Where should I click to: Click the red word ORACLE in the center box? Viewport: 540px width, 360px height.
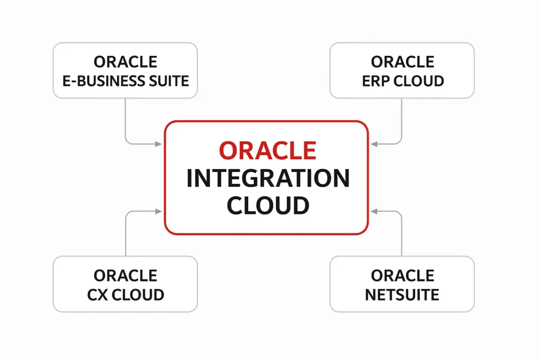tap(267, 150)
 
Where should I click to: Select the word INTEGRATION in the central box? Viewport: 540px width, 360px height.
tap(268, 178)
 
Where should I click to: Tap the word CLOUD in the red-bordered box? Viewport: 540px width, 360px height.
tap(268, 205)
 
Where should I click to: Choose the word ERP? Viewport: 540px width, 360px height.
tap(375, 81)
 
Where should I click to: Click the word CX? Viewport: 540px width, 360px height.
tap(97, 295)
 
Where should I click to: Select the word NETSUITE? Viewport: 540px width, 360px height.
tap(402, 295)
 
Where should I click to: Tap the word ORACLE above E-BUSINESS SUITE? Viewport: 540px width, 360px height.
tap(126, 62)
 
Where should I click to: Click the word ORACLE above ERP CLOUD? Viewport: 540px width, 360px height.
tap(402, 62)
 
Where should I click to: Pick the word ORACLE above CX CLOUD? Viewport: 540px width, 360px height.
tap(126, 276)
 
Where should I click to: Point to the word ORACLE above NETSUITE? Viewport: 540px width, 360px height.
tap(402, 276)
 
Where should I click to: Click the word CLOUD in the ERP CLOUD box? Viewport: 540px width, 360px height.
tap(418, 81)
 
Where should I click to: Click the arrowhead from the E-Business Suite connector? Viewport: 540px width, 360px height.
tap(158, 144)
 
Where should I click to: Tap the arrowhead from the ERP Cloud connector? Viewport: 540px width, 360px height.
tap(374, 144)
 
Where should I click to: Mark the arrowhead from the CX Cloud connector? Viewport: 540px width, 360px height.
tap(158, 211)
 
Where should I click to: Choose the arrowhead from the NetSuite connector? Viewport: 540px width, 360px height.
tap(374, 211)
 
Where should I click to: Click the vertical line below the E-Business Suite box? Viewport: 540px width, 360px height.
tap(126, 119)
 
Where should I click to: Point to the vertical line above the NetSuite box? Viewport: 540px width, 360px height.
tap(401, 236)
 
